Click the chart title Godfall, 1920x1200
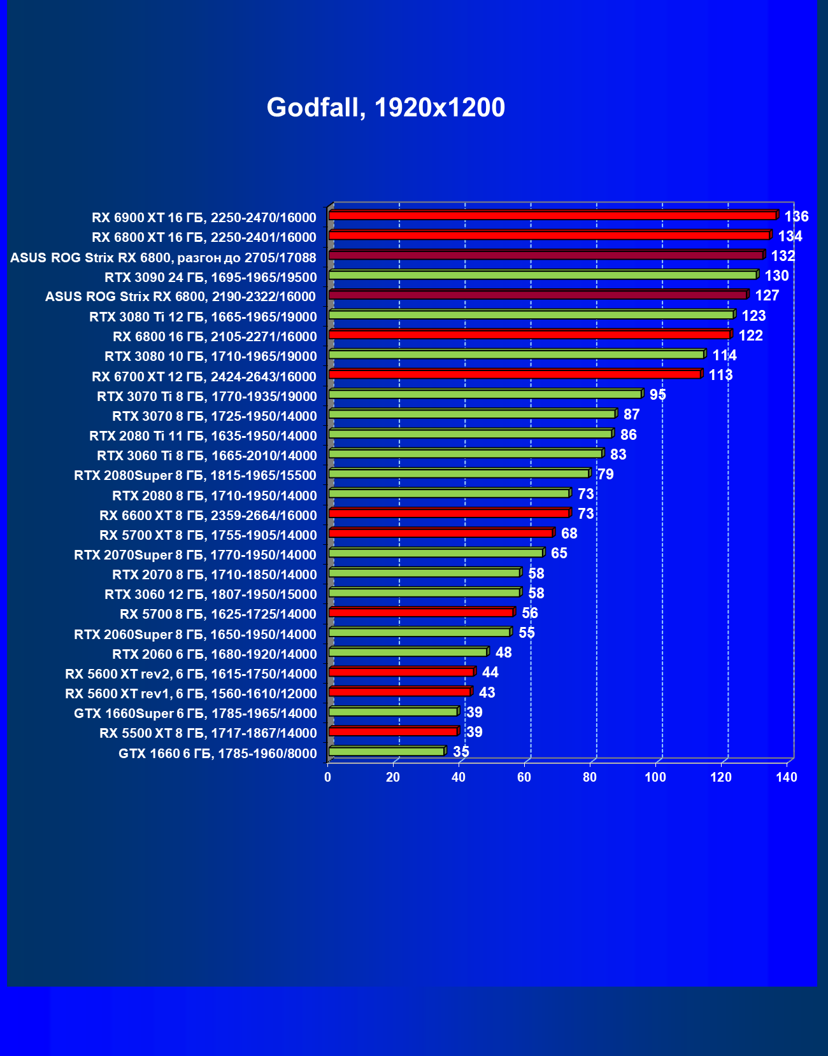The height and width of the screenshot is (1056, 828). (385, 108)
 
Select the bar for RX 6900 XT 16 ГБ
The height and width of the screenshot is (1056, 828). (552, 216)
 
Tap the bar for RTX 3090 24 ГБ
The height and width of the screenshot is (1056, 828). (542, 275)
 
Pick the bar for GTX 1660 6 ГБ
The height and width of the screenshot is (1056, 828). (386, 752)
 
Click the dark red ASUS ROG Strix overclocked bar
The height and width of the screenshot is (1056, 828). (546, 255)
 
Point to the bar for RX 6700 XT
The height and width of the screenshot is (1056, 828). (515, 374)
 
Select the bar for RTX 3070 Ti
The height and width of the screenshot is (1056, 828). (485, 394)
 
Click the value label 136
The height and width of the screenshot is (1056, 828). (796, 216)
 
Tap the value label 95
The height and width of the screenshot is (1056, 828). (657, 395)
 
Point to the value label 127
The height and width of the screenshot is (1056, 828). (767, 295)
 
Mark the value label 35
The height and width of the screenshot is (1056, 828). (460, 752)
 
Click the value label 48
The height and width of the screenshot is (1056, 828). (503, 652)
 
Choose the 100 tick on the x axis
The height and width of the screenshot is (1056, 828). (655, 777)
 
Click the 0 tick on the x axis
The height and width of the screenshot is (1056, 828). (327, 777)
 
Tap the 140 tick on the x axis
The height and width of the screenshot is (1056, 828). (787, 777)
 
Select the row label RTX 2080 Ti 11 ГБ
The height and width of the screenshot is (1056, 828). (203, 436)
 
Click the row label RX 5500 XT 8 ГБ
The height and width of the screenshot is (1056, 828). (208, 733)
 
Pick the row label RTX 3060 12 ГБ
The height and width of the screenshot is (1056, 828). (210, 595)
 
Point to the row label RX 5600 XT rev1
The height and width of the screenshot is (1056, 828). (190, 694)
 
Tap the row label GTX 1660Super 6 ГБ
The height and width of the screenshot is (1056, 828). (195, 714)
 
